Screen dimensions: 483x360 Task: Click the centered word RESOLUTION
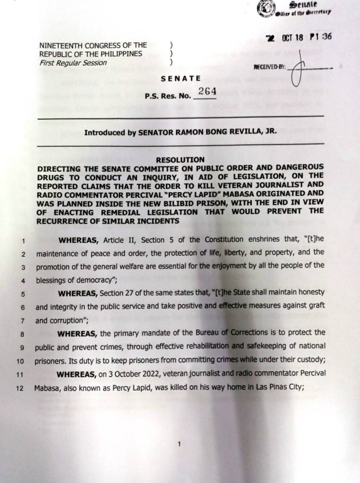coord(180,160)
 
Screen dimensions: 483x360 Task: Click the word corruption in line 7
coord(69,321)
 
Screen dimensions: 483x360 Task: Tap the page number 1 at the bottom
coord(180,446)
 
